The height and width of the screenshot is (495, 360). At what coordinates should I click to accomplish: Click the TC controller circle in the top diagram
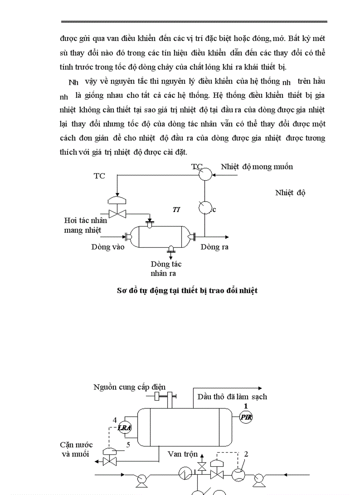(x=204, y=175)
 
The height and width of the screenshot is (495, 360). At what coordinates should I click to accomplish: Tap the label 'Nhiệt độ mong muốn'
(x=256, y=167)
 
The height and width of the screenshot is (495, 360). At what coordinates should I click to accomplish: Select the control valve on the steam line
(x=117, y=214)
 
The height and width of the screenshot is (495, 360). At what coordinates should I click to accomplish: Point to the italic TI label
(x=176, y=210)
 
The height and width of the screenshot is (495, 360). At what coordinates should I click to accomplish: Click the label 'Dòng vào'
(x=108, y=247)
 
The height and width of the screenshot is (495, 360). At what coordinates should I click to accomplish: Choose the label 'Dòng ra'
(x=214, y=247)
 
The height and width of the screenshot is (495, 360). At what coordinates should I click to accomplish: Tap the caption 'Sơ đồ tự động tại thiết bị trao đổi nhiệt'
(x=187, y=290)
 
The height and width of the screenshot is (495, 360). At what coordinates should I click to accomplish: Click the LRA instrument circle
(x=124, y=428)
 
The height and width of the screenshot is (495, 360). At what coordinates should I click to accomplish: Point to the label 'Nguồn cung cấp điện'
(x=129, y=387)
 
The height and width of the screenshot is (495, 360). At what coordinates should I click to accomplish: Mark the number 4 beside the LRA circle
(x=115, y=420)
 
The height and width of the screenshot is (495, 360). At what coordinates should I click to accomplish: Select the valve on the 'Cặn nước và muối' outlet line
(x=109, y=462)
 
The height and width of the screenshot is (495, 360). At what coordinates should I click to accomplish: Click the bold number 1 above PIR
(x=246, y=406)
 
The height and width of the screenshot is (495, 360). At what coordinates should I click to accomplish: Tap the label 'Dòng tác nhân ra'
(x=165, y=269)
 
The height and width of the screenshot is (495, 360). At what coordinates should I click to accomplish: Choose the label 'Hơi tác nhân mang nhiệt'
(x=85, y=225)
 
